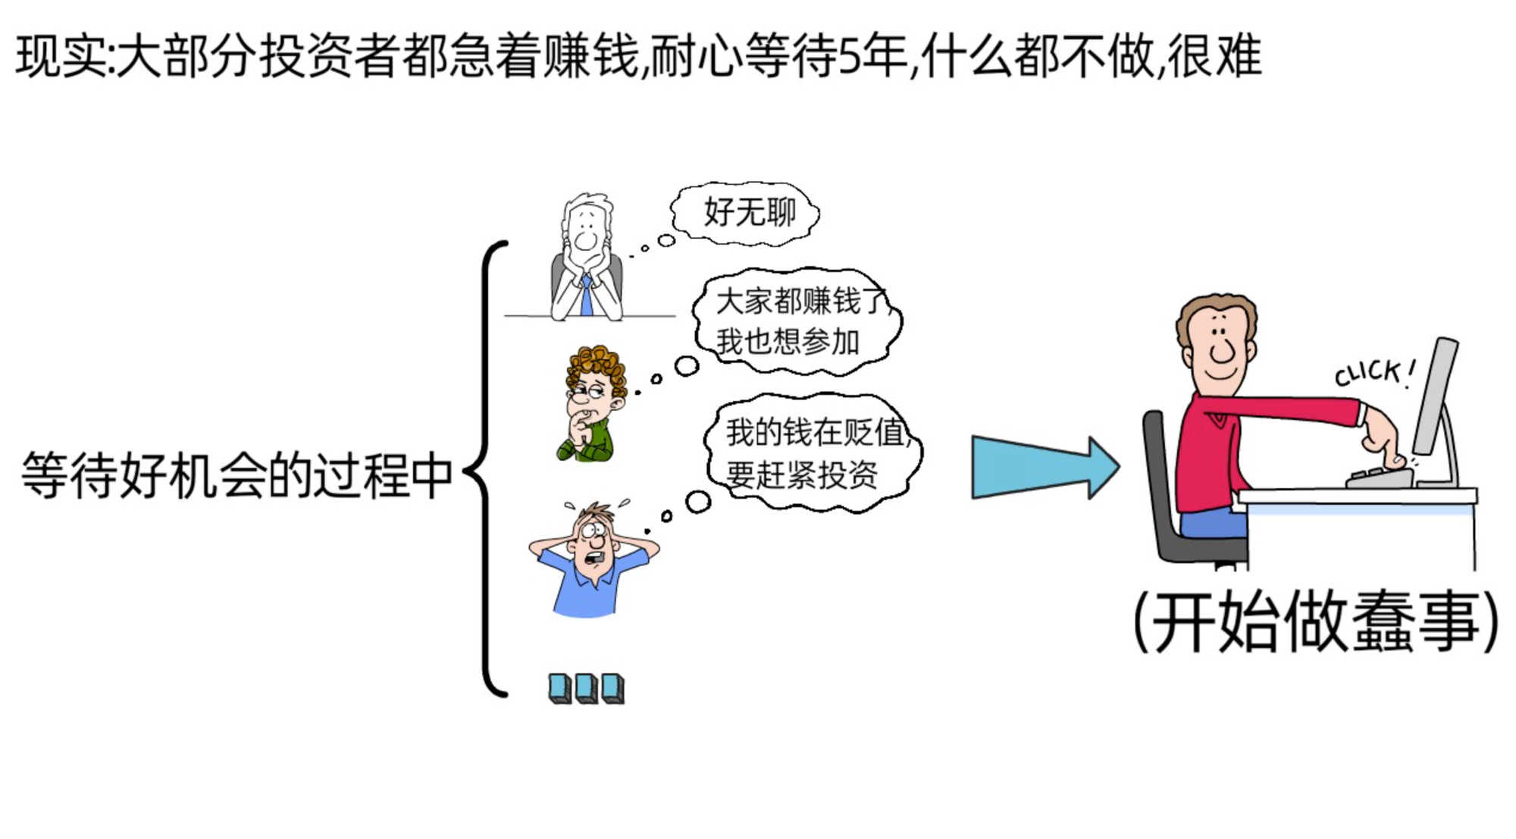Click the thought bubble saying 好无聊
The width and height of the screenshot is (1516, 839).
click(747, 212)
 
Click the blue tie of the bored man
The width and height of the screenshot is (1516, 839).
click(586, 297)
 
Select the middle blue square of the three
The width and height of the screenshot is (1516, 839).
click(586, 688)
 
